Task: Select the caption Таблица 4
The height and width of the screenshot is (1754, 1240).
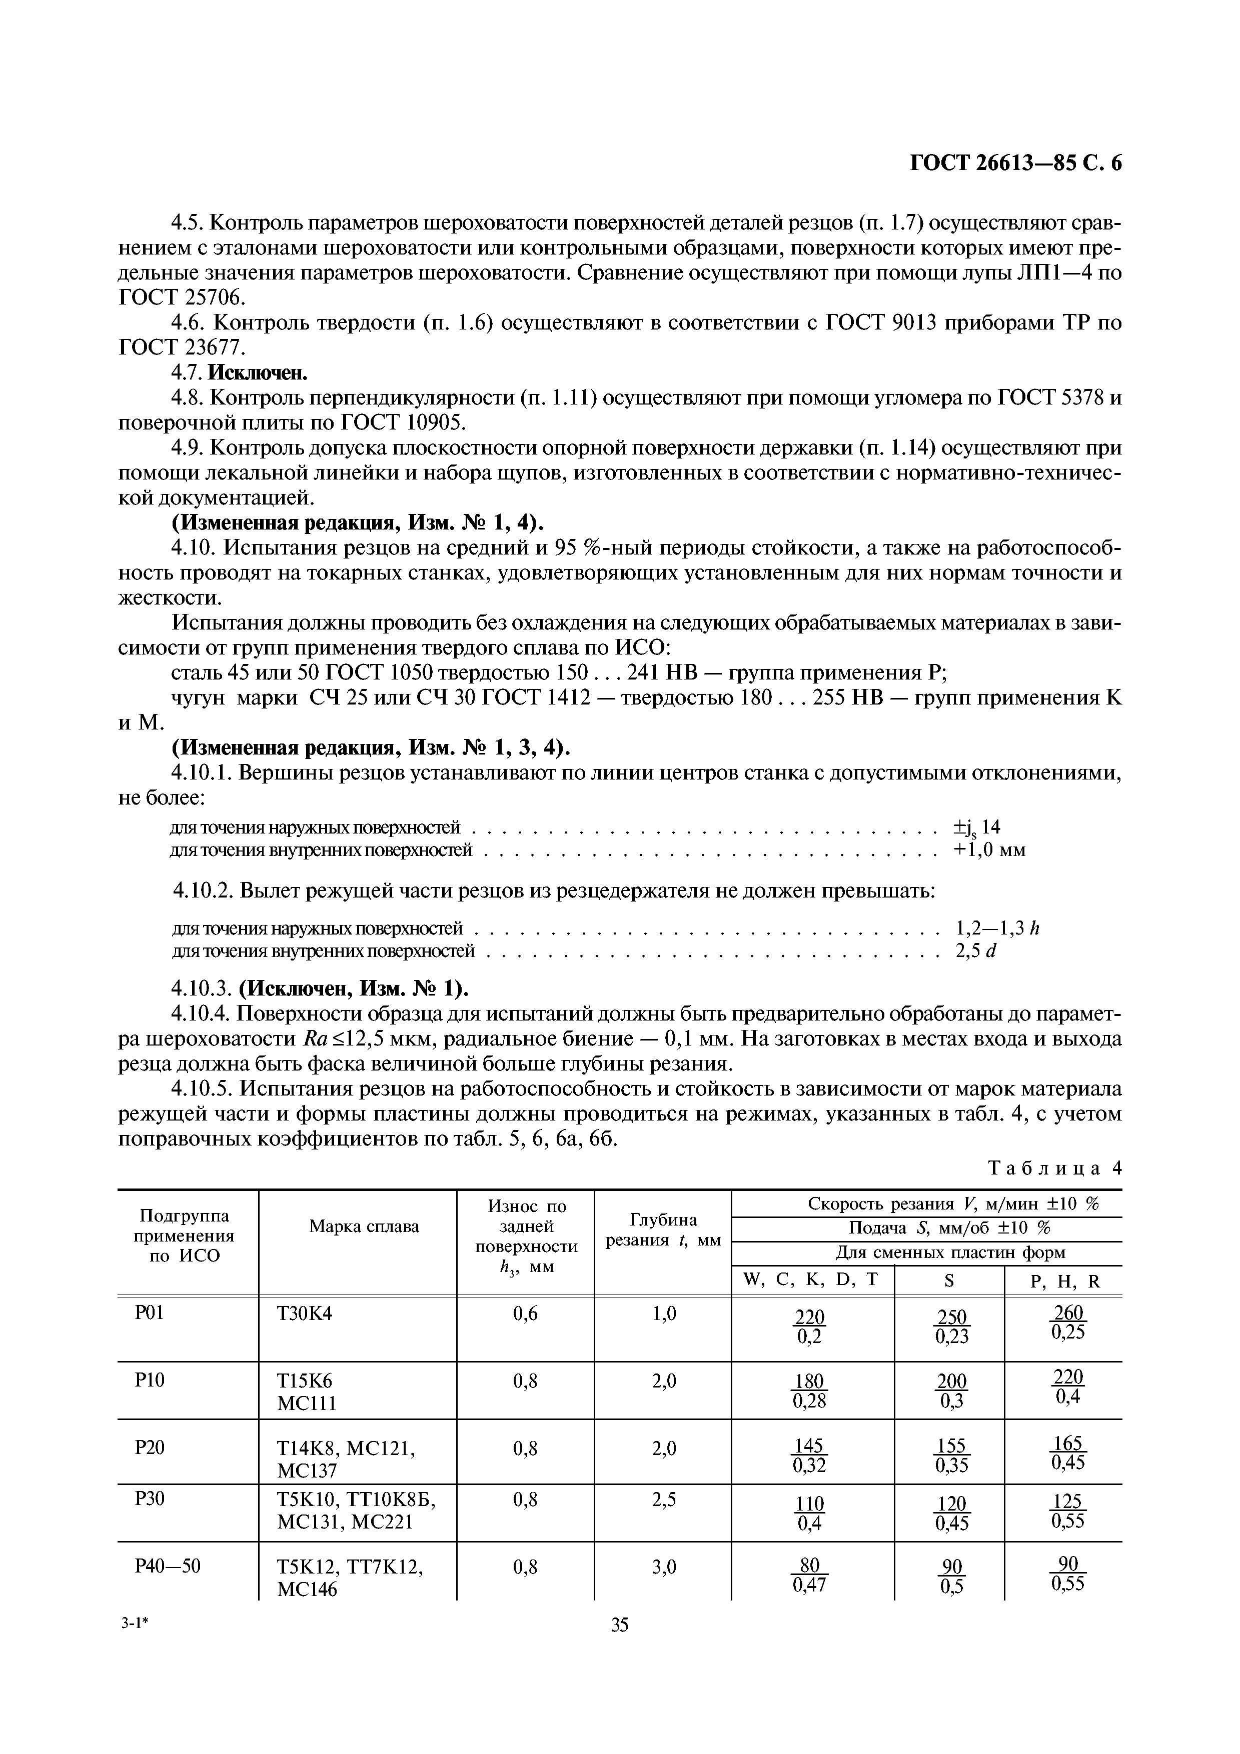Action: point(1055,1168)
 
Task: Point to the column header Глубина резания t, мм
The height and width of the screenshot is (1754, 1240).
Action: point(662,1230)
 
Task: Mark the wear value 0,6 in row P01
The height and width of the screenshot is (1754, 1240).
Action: point(525,1313)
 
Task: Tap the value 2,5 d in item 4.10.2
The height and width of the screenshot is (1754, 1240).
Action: point(976,951)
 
